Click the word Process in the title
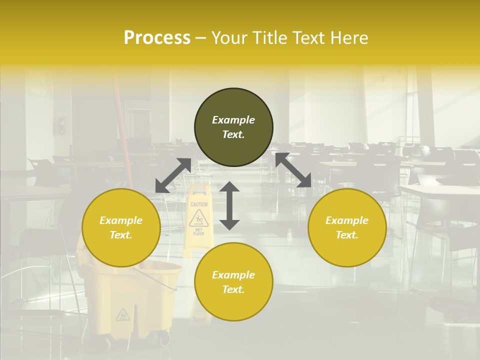coord(157,38)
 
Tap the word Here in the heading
coord(348,38)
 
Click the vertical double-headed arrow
coord(229,205)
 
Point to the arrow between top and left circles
coord(173,175)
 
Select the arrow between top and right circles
coord(293,170)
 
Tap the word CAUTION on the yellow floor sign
coord(199,204)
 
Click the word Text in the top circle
coord(233,134)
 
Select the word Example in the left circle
coord(121,220)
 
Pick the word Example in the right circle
coord(347,220)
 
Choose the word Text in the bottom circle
coord(233,289)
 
